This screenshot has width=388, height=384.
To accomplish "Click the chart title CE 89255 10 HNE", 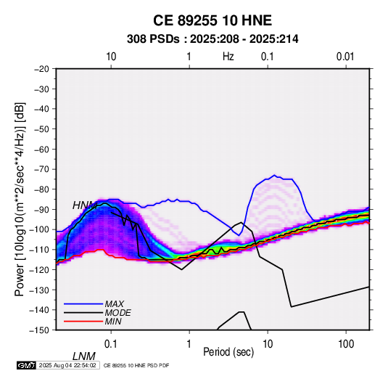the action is point(212,20).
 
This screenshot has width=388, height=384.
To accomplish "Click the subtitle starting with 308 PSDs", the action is point(212,39).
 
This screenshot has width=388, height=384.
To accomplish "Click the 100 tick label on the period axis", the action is point(346,344).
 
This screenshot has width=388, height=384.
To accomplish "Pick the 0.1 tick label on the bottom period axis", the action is point(111,344).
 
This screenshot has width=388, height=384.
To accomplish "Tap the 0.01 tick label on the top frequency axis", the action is point(345,57).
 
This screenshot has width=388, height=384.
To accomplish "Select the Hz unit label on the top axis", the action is point(228,57).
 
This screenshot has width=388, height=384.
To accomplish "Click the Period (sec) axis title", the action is point(228,352).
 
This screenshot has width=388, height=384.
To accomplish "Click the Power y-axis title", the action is point(20,199).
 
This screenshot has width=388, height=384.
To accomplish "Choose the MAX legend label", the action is point(115,303).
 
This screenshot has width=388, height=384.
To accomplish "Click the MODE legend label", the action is point(117,313).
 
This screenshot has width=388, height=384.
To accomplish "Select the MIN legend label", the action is point(113,322).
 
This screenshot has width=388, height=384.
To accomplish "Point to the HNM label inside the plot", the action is point(85,205).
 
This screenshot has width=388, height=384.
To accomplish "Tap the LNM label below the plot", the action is point(83,356).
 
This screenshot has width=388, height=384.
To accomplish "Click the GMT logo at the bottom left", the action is point(26,365).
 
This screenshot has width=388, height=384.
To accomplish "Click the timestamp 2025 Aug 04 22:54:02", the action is point(67,365).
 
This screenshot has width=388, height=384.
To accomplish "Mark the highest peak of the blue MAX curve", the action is point(274,175).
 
